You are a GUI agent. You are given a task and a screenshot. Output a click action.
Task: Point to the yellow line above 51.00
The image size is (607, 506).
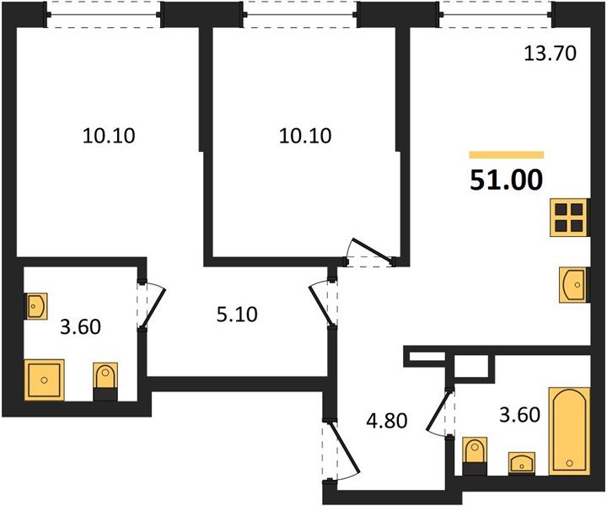pos(507,155)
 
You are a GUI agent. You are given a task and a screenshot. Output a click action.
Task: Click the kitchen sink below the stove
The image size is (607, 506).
pos(573,284)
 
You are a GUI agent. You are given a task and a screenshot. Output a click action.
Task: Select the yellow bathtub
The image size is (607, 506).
pos(569,430)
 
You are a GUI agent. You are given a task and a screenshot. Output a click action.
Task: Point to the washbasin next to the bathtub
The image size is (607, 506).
pos(523,463)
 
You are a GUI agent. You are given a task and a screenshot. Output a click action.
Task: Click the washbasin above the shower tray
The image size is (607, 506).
pos(36,305)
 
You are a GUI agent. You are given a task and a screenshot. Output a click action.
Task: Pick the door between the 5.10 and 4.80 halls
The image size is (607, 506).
pos(323,304)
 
